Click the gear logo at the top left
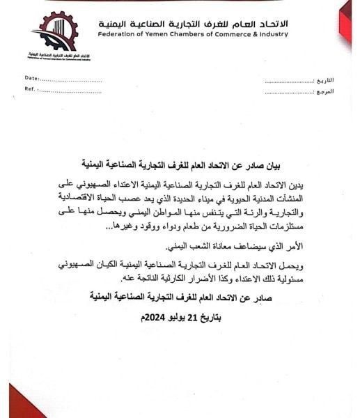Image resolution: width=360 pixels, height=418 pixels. click(54, 31)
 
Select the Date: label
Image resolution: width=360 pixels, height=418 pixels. click(31, 78)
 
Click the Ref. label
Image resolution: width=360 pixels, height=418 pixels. click(30, 89)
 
